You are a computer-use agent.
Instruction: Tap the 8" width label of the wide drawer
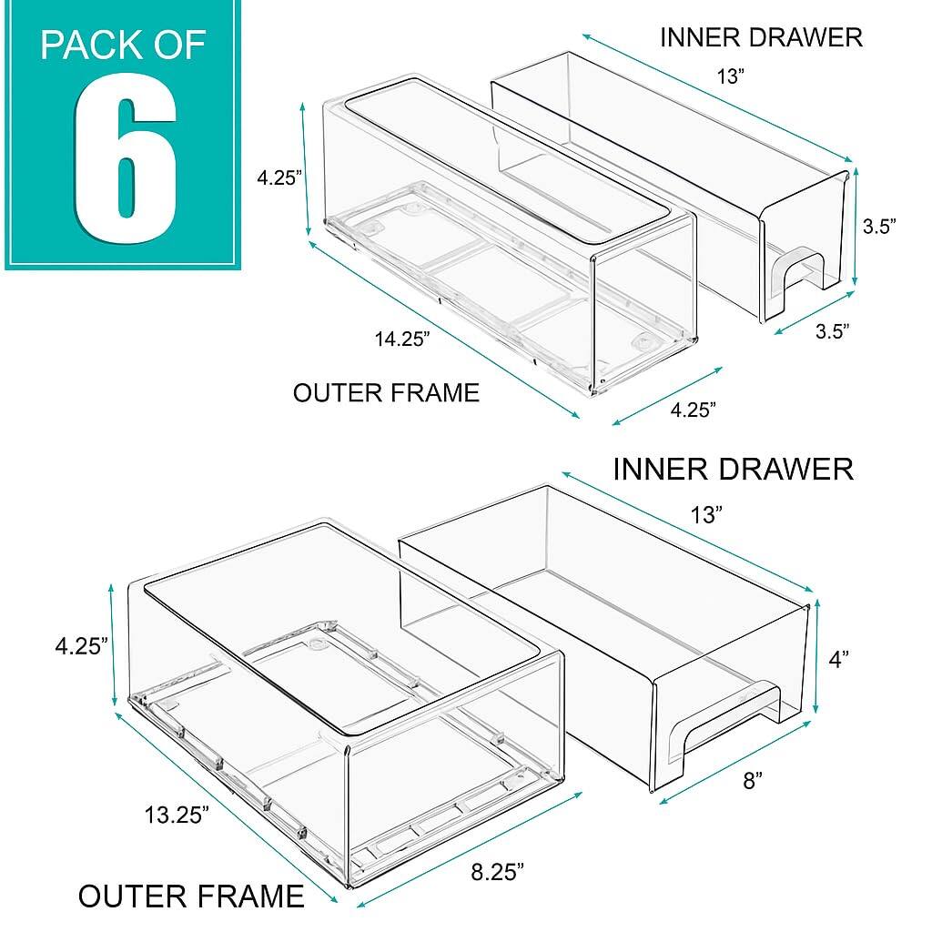pyautogui.click(x=751, y=780)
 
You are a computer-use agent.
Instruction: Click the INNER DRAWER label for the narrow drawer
pyautogui.click(x=761, y=37)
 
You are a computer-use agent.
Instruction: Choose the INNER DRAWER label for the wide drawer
pyautogui.click(x=733, y=470)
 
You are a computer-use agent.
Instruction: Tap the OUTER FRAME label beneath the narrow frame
pyautogui.click(x=386, y=392)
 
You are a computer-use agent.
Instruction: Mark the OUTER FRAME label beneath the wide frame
pyautogui.click(x=191, y=896)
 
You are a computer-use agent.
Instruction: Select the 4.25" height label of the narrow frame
pyautogui.click(x=279, y=178)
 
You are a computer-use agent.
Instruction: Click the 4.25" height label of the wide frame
pyautogui.click(x=81, y=645)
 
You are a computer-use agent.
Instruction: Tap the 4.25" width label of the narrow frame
pyautogui.click(x=693, y=410)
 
